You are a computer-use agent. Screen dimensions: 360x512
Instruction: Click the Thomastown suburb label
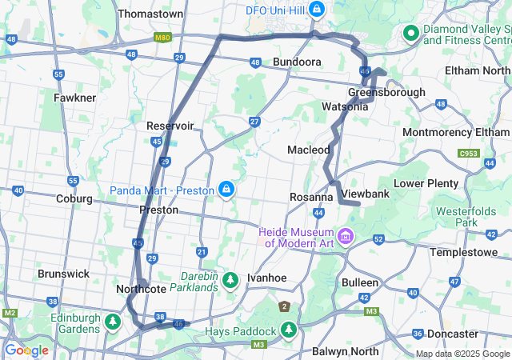tap(150, 14)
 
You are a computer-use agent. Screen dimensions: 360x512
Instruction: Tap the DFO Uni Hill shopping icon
tap(318, 10)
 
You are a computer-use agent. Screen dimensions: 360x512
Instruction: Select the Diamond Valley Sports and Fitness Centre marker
tap(411, 33)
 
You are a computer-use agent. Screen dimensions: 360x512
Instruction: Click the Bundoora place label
tap(297, 62)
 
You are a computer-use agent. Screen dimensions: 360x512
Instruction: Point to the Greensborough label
tap(386, 92)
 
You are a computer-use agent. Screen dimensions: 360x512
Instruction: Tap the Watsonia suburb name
tap(345, 106)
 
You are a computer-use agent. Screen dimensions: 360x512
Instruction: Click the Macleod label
tap(308, 150)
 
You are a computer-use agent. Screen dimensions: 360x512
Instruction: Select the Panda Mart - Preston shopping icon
tap(227, 190)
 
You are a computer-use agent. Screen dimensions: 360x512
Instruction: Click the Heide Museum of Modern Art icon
tap(346, 235)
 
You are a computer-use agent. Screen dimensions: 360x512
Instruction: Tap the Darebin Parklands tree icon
tap(231, 279)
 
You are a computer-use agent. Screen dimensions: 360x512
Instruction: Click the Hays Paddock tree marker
tap(288, 330)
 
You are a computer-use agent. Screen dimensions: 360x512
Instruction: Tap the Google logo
tap(26, 350)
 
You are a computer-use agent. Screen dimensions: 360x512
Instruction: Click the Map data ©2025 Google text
tap(462, 354)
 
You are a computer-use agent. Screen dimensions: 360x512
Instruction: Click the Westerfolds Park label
tap(460, 217)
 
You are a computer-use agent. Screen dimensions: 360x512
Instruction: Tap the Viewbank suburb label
tap(365, 194)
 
